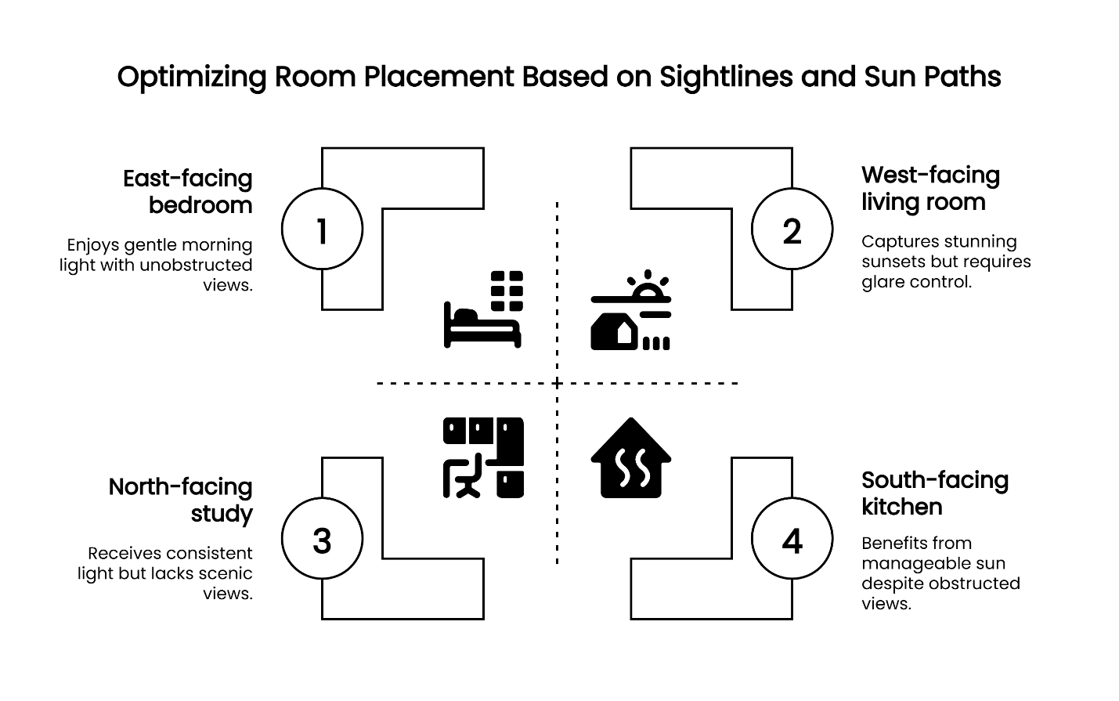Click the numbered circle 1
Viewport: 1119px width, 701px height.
[322, 229]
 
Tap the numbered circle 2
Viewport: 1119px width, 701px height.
[792, 229]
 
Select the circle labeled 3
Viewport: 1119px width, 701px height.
[322, 540]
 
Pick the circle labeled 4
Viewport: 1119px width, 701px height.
[792, 540]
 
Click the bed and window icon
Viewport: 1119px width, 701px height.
[483, 309]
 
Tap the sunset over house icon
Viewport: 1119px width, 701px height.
[630, 310]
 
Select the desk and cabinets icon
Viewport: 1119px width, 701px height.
[483, 457]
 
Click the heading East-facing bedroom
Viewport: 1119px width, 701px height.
[188, 192]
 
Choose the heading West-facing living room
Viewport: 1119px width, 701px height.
[930, 189]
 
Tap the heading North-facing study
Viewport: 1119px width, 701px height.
[181, 500]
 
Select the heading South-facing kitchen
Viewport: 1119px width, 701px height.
[934, 493]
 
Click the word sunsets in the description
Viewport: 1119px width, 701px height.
[891, 262]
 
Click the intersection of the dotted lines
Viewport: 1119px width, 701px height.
[557, 383]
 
